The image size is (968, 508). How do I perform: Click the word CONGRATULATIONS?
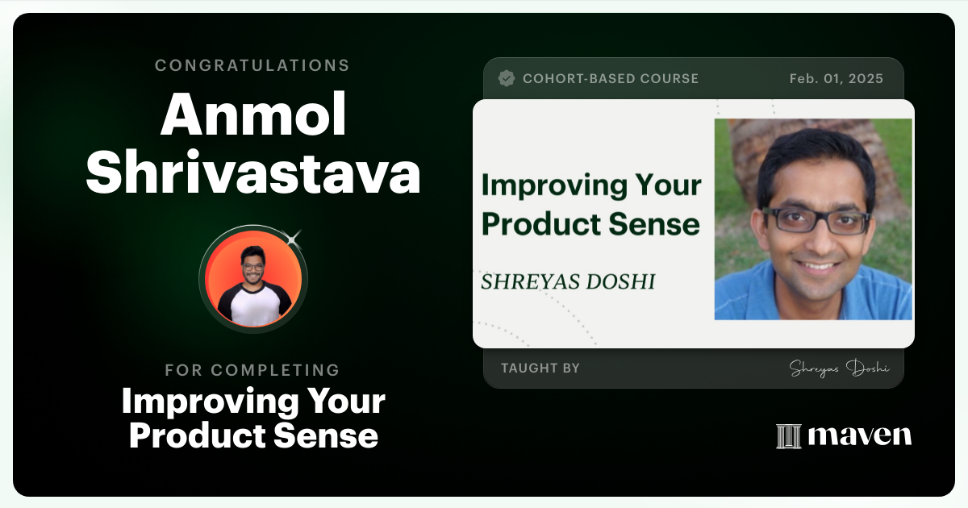252,65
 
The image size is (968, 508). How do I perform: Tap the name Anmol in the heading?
252,116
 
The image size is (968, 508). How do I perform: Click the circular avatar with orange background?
252,277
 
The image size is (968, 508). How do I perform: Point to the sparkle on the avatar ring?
293,237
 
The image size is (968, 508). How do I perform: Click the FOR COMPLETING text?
252,370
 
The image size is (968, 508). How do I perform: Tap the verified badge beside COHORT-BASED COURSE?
507,78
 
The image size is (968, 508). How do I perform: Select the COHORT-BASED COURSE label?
610,78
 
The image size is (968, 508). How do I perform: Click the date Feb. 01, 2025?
836,78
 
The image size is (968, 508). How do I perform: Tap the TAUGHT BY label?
540,369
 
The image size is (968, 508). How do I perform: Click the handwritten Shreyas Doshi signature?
839,369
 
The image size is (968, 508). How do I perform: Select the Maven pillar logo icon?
788,435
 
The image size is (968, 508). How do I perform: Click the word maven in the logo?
860,435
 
